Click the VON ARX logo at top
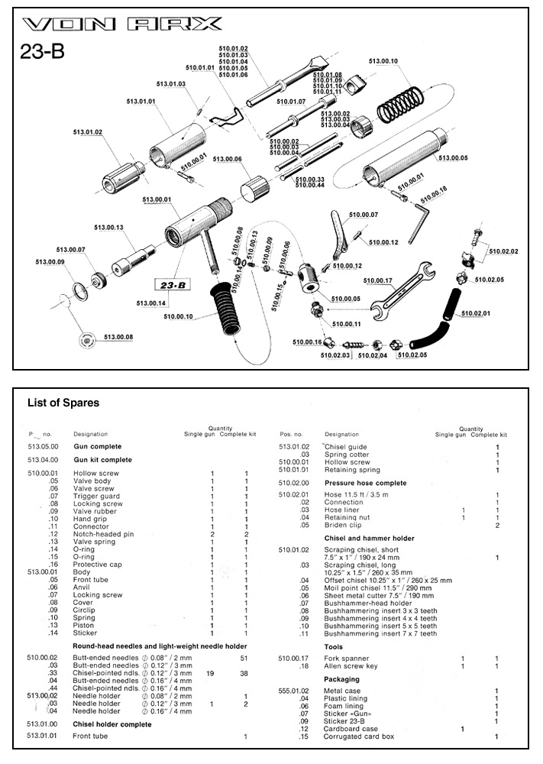coord(123,24)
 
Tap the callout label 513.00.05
coord(453,158)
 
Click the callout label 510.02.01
coord(475,313)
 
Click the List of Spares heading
coord(63,403)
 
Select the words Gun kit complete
coord(102,460)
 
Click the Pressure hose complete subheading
coord(365,483)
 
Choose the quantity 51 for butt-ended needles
coord(244,657)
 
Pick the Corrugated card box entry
coord(359,736)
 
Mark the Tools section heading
coord(334,646)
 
